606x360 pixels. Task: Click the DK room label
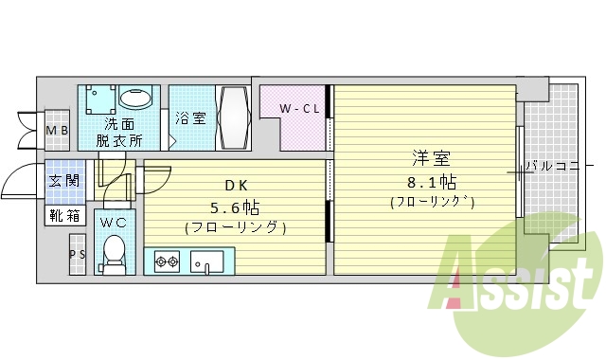[235, 186]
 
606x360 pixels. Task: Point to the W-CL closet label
[299, 110]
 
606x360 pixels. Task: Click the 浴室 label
[189, 119]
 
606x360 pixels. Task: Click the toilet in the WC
[115, 251]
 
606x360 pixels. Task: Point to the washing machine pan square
[98, 99]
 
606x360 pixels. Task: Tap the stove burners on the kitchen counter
[167, 260]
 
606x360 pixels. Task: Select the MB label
[57, 130]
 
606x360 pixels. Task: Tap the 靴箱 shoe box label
[63, 215]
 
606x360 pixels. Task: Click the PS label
[77, 254]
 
